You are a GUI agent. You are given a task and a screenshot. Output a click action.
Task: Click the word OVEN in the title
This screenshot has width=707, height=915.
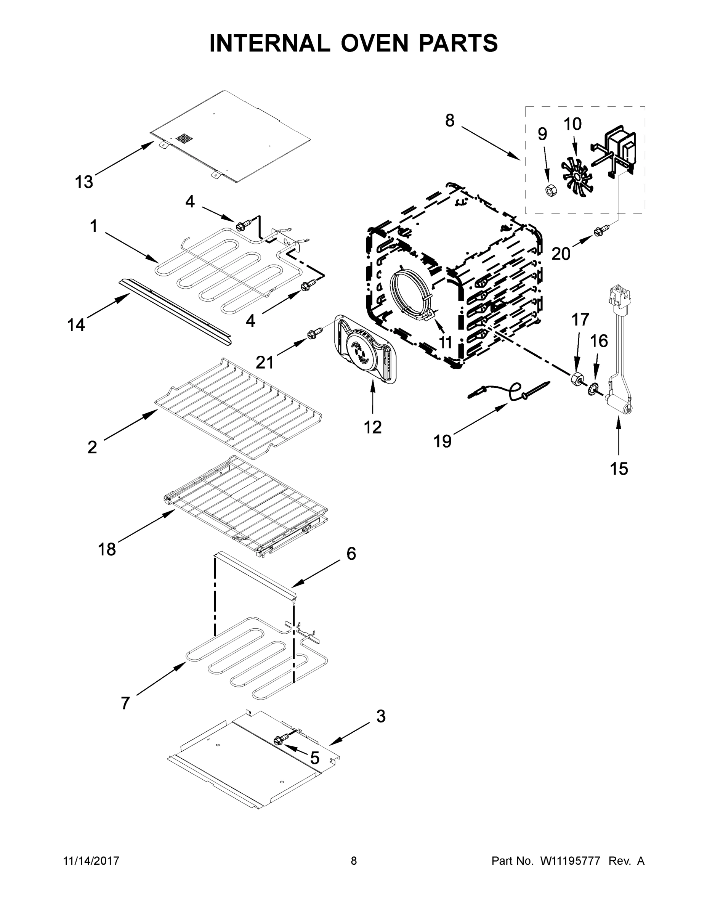(x=374, y=43)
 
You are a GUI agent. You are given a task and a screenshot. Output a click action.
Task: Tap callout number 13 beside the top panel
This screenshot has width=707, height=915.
(x=84, y=182)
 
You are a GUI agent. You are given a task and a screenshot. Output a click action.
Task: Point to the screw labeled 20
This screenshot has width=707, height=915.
(x=598, y=230)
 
